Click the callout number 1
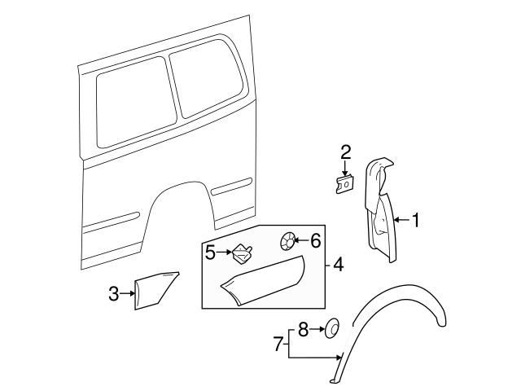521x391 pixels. (x=415, y=220)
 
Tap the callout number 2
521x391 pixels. (x=345, y=152)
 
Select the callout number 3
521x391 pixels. (x=114, y=293)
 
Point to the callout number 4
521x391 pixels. (x=338, y=264)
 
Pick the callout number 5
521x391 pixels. (x=210, y=253)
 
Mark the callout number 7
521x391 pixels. (x=278, y=344)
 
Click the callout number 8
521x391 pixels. (x=302, y=330)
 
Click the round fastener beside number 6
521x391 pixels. (x=287, y=240)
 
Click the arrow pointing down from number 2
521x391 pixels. (x=345, y=169)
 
